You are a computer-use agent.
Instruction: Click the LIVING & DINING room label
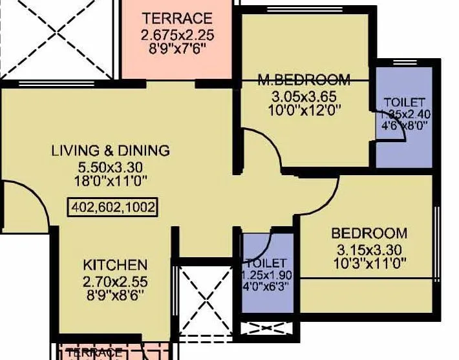pos(111,151)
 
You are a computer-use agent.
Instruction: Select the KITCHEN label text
pos(115,265)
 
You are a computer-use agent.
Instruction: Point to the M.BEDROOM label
pos(304,80)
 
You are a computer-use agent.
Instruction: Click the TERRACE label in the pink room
pos(177,17)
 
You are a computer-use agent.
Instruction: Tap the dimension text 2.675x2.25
pos(177,32)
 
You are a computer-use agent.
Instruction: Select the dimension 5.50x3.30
pos(111,167)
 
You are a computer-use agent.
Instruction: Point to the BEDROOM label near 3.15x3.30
pos(369,233)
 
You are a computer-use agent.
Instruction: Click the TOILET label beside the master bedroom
pos(404,103)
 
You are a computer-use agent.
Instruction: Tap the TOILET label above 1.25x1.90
pos(266,263)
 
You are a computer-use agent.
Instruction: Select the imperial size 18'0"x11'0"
pos(111,182)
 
